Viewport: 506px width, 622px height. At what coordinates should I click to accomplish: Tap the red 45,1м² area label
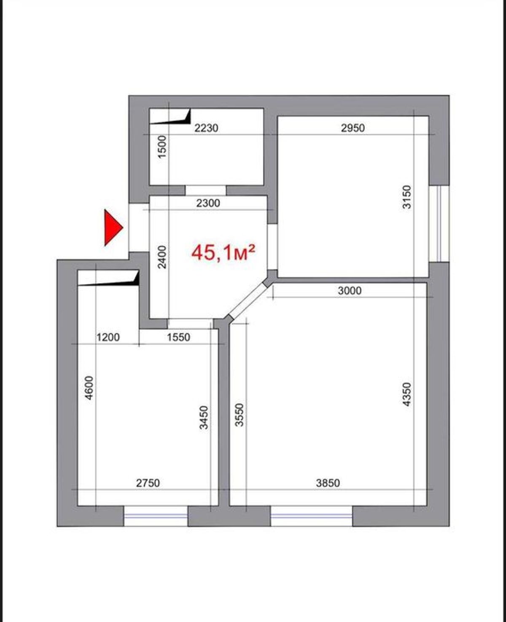click(223, 252)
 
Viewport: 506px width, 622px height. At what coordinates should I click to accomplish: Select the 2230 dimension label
click(206, 128)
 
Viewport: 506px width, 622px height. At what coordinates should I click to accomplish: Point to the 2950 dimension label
click(353, 128)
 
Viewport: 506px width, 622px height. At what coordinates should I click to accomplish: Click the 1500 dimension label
click(162, 147)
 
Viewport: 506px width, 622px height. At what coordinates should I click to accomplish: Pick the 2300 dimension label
click(208, 203)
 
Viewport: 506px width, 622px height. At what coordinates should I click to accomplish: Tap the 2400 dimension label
click(162, 257)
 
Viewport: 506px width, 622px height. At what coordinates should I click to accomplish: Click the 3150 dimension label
click(406, 197)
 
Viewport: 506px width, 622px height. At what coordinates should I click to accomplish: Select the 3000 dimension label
click(350, 291)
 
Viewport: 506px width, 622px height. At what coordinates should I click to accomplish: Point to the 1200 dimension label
click(108, 338)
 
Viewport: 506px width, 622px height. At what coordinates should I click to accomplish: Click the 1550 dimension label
click(178, 338)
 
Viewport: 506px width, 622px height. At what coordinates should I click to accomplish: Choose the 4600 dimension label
click(89, 388)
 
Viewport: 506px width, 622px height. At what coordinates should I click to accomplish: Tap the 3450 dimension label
click(204, 418)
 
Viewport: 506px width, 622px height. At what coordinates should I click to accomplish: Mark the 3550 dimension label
click(239, 415)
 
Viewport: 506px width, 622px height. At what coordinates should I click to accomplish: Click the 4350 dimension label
click(406, 394)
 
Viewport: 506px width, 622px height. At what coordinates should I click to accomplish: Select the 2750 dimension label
click(148, 483)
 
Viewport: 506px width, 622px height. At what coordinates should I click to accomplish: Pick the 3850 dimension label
click(328, 483)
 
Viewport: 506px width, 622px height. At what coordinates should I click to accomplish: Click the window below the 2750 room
click(156, 516)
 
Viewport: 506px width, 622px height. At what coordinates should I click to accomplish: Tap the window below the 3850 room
click(312, 516)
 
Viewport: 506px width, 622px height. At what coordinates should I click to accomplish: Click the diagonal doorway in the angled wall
click(248, 301)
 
